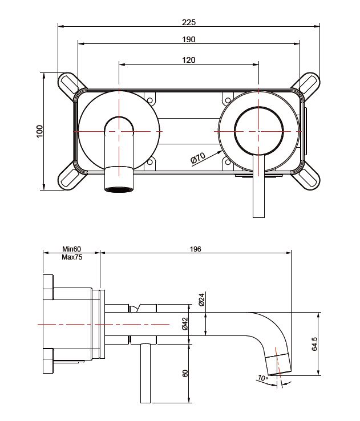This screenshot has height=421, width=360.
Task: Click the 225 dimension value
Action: pos(189,22)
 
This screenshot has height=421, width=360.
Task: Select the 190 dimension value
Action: pos(189,39)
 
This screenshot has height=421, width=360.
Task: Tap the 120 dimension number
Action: pos(189,60)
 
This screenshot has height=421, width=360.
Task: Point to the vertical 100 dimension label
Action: pos(39,131)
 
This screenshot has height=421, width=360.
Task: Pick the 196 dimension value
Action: pos(196,249)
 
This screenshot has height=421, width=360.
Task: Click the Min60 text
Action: pos(72,249)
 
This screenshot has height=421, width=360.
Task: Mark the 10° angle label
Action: pos(262,378)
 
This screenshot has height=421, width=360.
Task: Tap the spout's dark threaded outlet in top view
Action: pos(118,189)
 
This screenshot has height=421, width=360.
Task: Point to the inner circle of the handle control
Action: pos(258,131)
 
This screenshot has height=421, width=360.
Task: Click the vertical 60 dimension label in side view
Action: pos(185,373)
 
